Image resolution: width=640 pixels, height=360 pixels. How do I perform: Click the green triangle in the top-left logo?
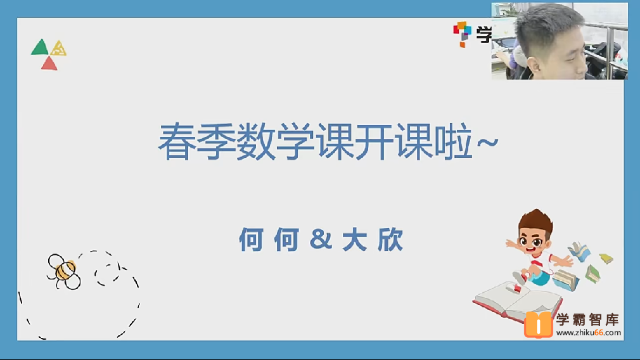(39, 48)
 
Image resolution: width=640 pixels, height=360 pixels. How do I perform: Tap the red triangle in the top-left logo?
(49, 63)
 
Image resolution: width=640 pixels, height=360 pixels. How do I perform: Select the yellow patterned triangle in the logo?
(59, 48)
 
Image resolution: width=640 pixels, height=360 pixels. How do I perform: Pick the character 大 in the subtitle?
(355, 241)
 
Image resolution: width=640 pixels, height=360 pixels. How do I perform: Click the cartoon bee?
(64, 271)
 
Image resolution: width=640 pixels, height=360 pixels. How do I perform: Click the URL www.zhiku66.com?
(589, 333)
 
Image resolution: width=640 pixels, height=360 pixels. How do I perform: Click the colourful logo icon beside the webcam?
(462, 33)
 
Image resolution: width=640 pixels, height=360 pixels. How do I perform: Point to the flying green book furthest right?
(606, 259)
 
